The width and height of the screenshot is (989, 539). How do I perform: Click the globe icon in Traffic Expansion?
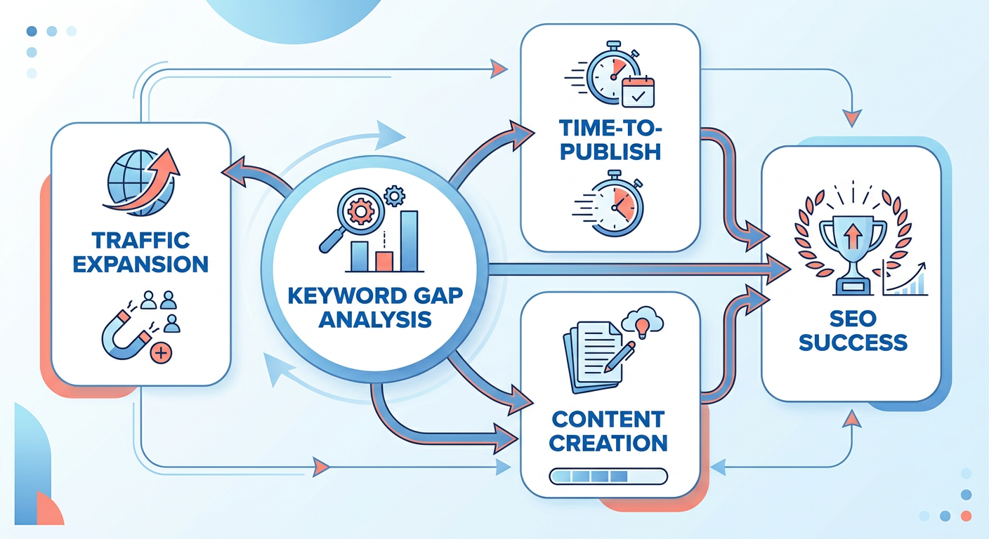coord(138,183)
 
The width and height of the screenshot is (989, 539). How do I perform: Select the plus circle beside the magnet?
coord(161,353)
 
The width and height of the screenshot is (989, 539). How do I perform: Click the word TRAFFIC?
coord(141,241)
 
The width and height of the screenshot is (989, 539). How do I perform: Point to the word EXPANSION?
coord(140,265)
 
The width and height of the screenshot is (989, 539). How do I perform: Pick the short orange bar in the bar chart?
coord(384,261)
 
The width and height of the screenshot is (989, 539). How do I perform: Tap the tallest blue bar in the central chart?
coord(410,241)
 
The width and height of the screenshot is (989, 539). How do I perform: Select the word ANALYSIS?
coord(375,319)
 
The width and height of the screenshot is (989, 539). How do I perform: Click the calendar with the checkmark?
coord(638,92)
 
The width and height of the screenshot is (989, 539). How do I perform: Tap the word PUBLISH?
coord(610,152)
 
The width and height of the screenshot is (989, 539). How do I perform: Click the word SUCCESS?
coord(853,342)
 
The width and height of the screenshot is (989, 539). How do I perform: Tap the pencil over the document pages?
coord(620,357)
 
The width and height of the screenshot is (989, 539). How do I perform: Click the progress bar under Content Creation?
coord(608,477)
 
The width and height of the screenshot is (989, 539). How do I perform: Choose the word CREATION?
coord(608,444)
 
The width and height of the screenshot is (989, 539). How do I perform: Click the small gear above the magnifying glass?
coord(394,196)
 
